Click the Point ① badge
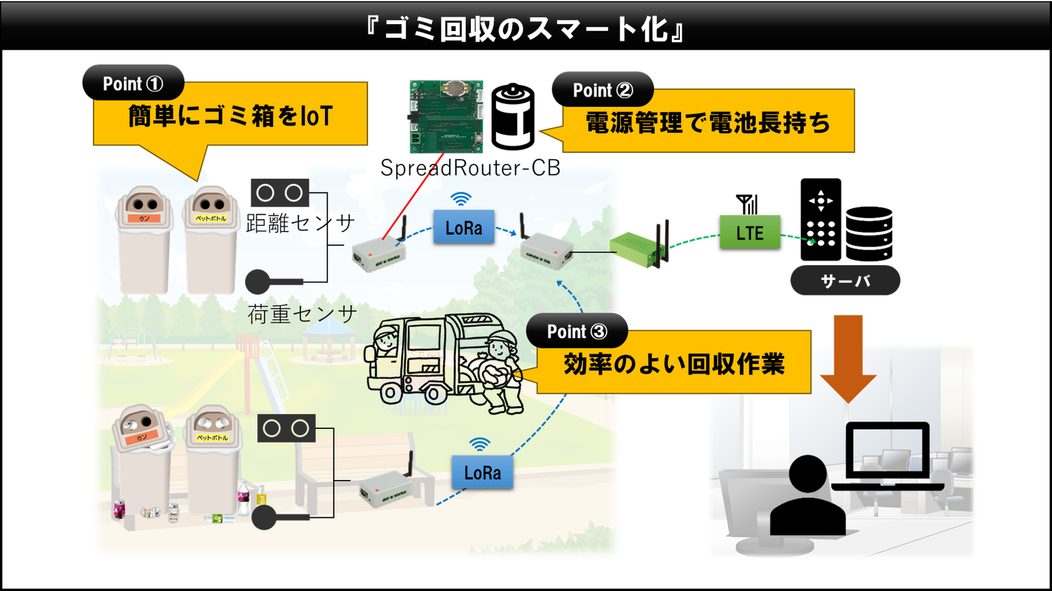pyautogui.click(x=133, y=83)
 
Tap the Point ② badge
pyautogui.click(x=602, y=90)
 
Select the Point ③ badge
pyautogui.click(x=577, y=332)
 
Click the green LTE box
pyautogui.click(x=750, y=232)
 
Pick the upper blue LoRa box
pyautogui.click(x=463, y=227)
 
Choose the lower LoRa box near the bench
pyautogui.click(x=483, y=472)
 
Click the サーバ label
pyautogui.click(x=845, y=281)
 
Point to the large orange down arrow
pyautogui.click(x=848, y=357)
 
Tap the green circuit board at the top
pyautogui.click(x=447, y=116)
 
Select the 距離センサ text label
pyautogui.click(x=300, y=223)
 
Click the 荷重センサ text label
pyautogui.click(x=301, y=314)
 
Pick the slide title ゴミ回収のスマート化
pyautogui.click(x=526, y=29)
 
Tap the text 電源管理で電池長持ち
pyautogui.click(x=708, y=122)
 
